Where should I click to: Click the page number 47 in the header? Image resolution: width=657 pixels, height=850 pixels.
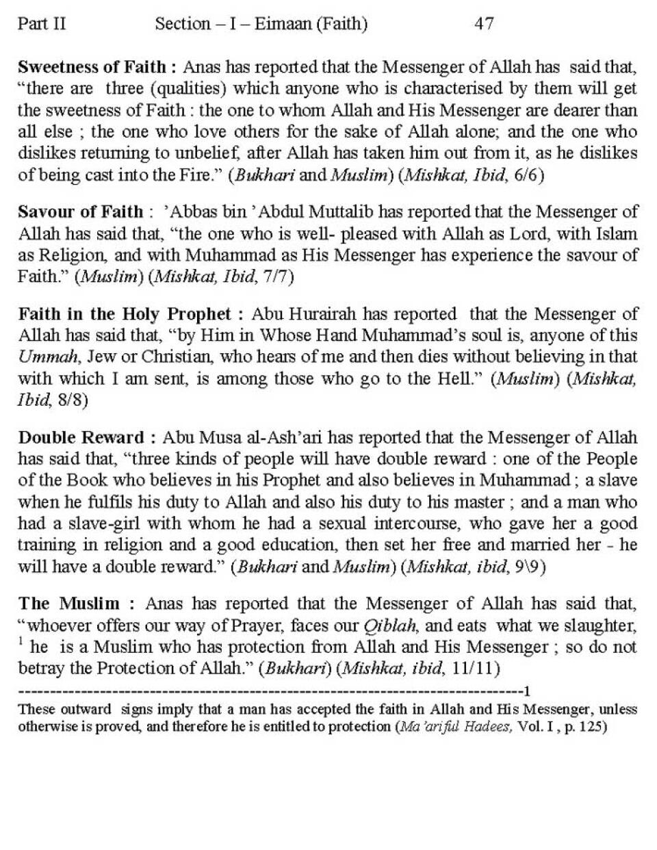coord(484,24)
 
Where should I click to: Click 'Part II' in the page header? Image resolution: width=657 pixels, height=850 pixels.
coord(42,24)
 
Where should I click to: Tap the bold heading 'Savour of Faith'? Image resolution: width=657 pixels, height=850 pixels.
coord(80,211)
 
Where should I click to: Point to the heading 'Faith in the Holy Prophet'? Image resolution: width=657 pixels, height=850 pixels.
coord(125,314)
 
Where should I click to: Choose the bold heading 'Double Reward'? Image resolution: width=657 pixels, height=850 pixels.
coord(81,437)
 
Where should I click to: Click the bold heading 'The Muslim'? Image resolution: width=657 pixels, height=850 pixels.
coord(68,604)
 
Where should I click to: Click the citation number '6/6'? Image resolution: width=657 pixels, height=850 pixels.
coord(530,175)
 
